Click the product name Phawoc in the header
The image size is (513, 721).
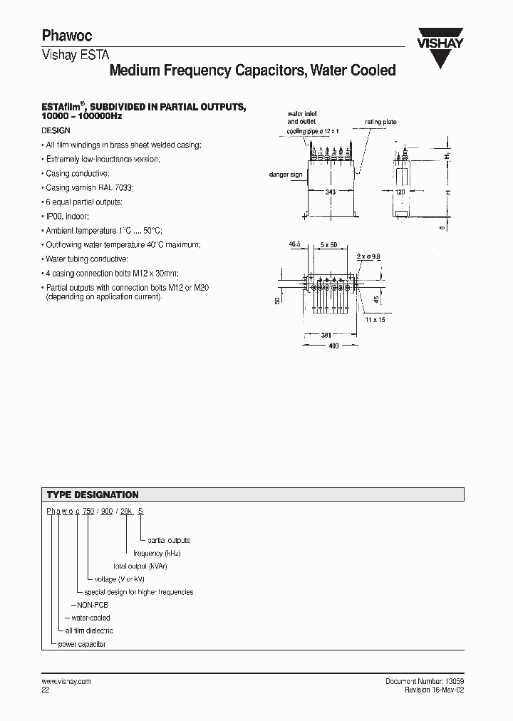(66, 35)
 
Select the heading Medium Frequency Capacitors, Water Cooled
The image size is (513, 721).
(252, 71)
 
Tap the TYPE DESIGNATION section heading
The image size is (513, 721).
(93, 494)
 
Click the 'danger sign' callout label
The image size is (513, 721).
(286, 175)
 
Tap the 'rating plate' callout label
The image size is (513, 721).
(380, 122)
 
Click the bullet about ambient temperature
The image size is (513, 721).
(104, 230)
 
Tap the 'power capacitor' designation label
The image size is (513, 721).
(82, 644)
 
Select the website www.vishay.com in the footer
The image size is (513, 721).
(66, 681)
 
